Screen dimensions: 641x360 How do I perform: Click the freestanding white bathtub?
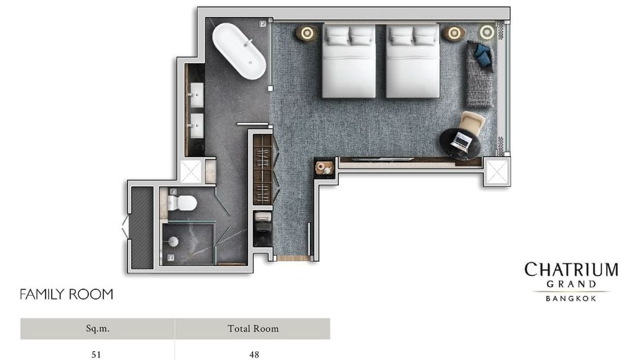[x=239, y=51]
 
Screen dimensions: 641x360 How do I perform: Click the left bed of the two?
[x=349, y=61]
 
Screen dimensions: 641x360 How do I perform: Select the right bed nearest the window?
[x=413, y=61]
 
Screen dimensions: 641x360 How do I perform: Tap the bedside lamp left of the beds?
[x=307, y=33]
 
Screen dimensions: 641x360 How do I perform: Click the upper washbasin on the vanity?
[x=197, y=95]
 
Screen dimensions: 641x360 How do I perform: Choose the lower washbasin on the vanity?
[x=197, y=126]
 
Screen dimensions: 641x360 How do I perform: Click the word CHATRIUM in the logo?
[x=571, y=270]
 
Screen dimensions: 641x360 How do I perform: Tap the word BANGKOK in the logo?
[x=571, y=299]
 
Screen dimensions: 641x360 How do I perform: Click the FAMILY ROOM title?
[x=66, y=294]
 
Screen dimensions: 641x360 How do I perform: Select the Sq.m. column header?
[x=98, y=329]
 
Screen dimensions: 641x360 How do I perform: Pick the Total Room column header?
[x=253, y=329]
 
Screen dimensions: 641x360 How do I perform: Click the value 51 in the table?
[x=96, y=354]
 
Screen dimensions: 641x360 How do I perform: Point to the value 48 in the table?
[x=254, y=354]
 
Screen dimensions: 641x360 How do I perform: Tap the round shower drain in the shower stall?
[x=174, y=241]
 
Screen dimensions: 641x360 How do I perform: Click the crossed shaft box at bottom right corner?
[x=497, y=171]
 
